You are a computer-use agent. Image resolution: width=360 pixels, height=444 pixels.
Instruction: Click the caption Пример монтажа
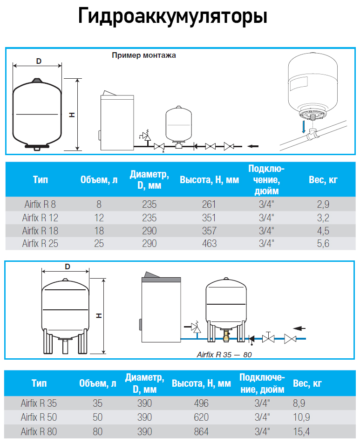144,55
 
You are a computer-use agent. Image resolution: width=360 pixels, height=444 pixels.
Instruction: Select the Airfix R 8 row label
40,204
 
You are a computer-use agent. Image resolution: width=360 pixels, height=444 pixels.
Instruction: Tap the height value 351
209,217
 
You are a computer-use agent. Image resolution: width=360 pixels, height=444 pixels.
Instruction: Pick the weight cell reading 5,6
323,243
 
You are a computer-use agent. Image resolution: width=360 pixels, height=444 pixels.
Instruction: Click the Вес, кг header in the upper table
323,180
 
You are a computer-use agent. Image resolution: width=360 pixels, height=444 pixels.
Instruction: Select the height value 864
201,431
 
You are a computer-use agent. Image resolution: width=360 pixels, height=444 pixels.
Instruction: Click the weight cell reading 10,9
301,417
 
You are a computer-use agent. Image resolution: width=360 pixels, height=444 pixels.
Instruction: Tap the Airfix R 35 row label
39,403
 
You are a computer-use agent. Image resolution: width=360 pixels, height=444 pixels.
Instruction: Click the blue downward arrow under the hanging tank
303,127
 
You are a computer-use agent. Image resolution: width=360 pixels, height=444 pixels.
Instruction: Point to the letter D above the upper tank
39,61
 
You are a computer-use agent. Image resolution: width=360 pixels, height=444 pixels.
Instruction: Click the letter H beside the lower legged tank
99,315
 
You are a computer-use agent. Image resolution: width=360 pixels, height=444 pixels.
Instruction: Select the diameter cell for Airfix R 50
145,417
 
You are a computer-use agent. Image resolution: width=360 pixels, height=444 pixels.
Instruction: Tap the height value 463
209,243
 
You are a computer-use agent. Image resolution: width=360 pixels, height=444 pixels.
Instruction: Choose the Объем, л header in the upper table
99,180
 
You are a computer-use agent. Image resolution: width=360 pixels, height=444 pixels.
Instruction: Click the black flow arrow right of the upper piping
253,146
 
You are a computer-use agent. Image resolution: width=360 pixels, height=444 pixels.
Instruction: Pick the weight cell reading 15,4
301,431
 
